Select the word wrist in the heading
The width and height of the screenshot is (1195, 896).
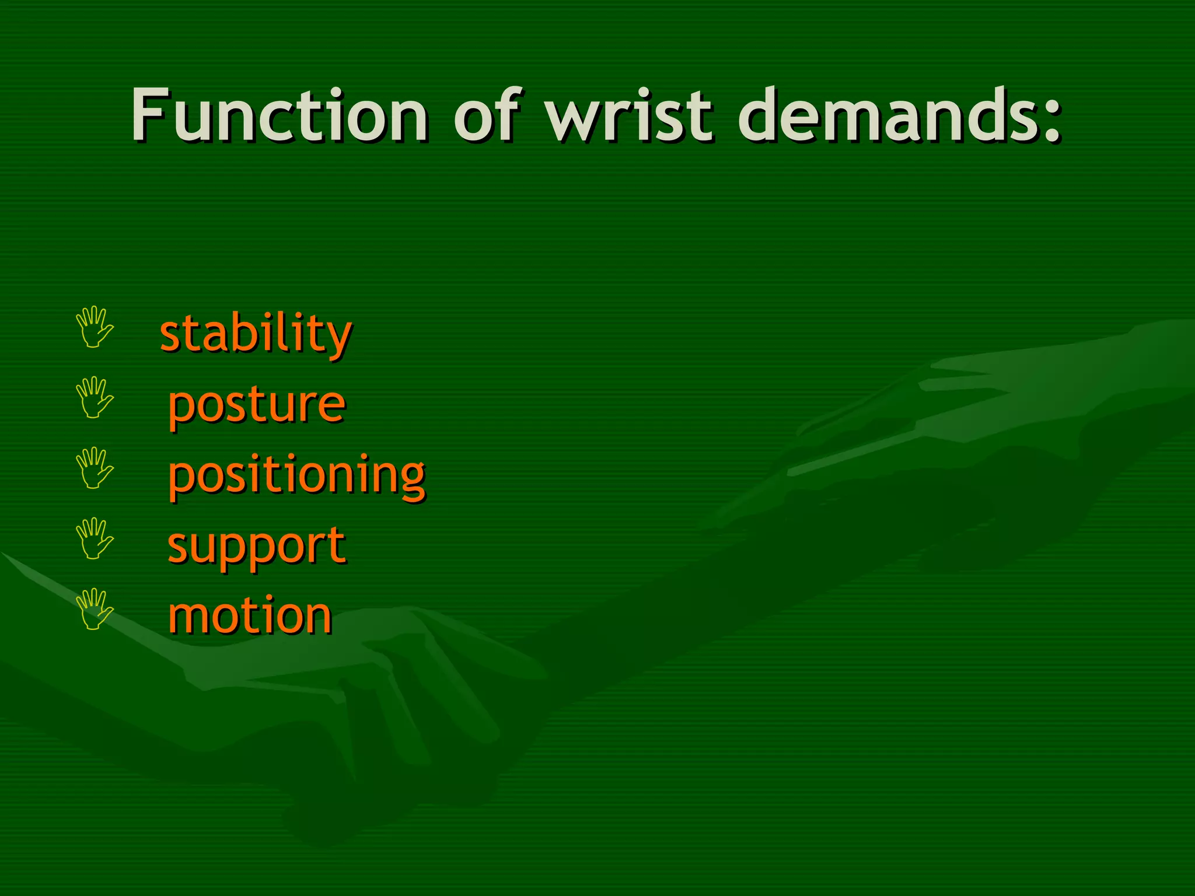[x=629, y=115]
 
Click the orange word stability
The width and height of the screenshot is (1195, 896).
[x=256, y=334]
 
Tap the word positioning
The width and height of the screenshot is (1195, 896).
[x=296, y=475]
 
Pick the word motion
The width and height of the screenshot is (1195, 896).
[x=250, y=616]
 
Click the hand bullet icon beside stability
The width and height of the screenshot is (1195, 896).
[x=95, y=327]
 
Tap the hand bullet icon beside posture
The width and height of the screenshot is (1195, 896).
[x=95, y=397]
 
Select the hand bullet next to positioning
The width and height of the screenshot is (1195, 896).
[x=95, y=468]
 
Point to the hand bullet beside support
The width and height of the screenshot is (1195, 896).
[x=95, y=538]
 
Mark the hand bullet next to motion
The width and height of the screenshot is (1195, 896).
[x=95, y=609]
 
